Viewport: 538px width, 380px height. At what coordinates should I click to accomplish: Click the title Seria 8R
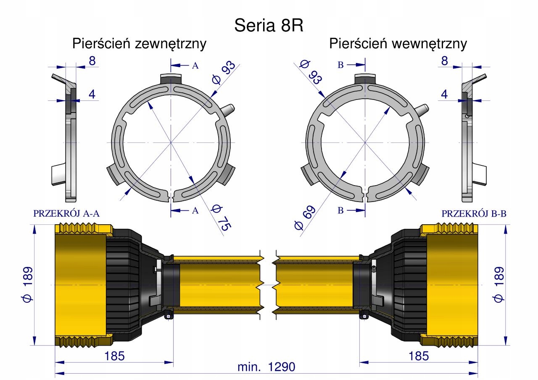(x=269, y=26)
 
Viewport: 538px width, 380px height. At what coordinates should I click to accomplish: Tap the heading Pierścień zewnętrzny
(x=139, y=44)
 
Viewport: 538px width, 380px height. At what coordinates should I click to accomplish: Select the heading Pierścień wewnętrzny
(x=398, y=44)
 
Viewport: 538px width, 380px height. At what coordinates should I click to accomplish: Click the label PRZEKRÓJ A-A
(x=66, y=213)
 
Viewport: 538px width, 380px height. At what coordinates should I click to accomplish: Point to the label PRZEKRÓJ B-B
(x=474, y=213)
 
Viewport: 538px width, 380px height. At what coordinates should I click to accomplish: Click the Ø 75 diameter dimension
(x=221, y=218)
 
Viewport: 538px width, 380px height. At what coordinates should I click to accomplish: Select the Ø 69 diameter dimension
(x=305, y=218)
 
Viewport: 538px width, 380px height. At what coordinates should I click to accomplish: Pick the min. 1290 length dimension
(x=266, y=367)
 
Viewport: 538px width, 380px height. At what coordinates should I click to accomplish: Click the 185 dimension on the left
(x=115, y=356)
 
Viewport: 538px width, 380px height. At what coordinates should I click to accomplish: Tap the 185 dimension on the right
(x=419, y=356)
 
